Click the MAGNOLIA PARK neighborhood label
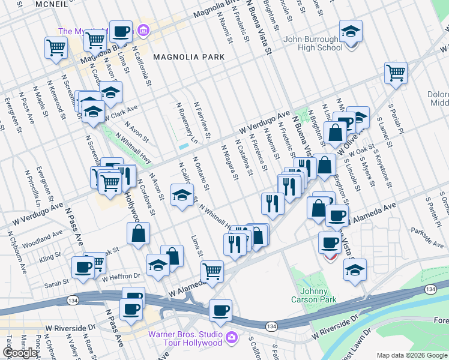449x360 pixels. pos(188,57)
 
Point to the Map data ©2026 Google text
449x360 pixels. pos(412,355)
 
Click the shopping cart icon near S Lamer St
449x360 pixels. pos(396,73)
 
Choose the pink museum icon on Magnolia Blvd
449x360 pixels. pos(143,29)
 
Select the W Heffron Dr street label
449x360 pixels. pos(120,277)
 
